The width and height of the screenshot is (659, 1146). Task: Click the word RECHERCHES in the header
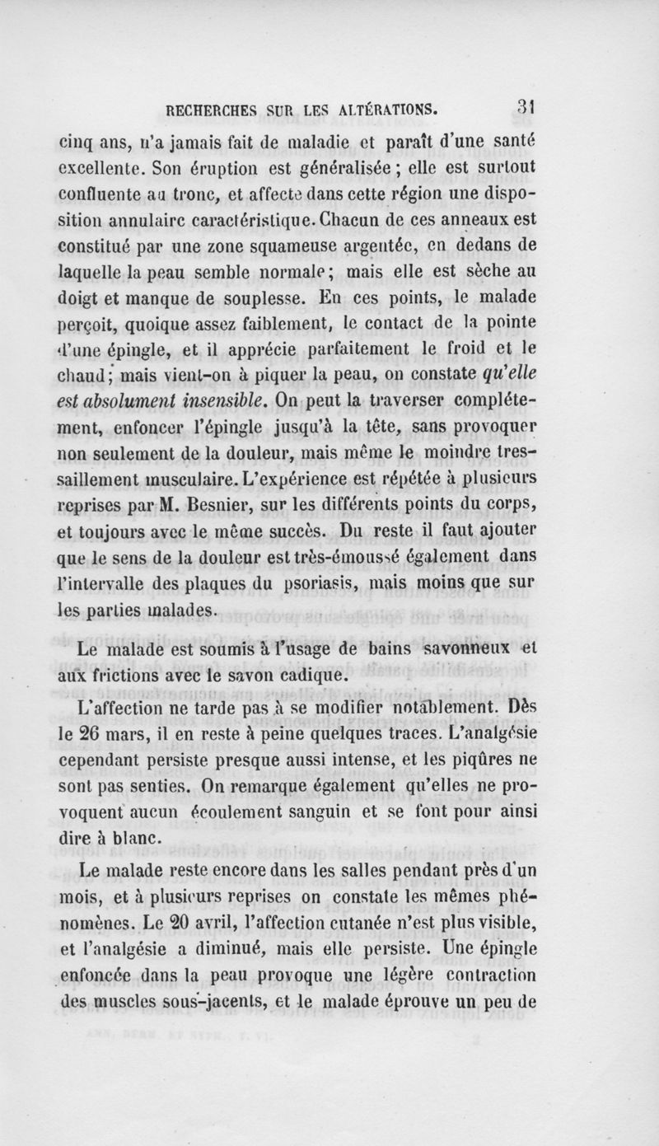pyautogui.click(x=213, y=108)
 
